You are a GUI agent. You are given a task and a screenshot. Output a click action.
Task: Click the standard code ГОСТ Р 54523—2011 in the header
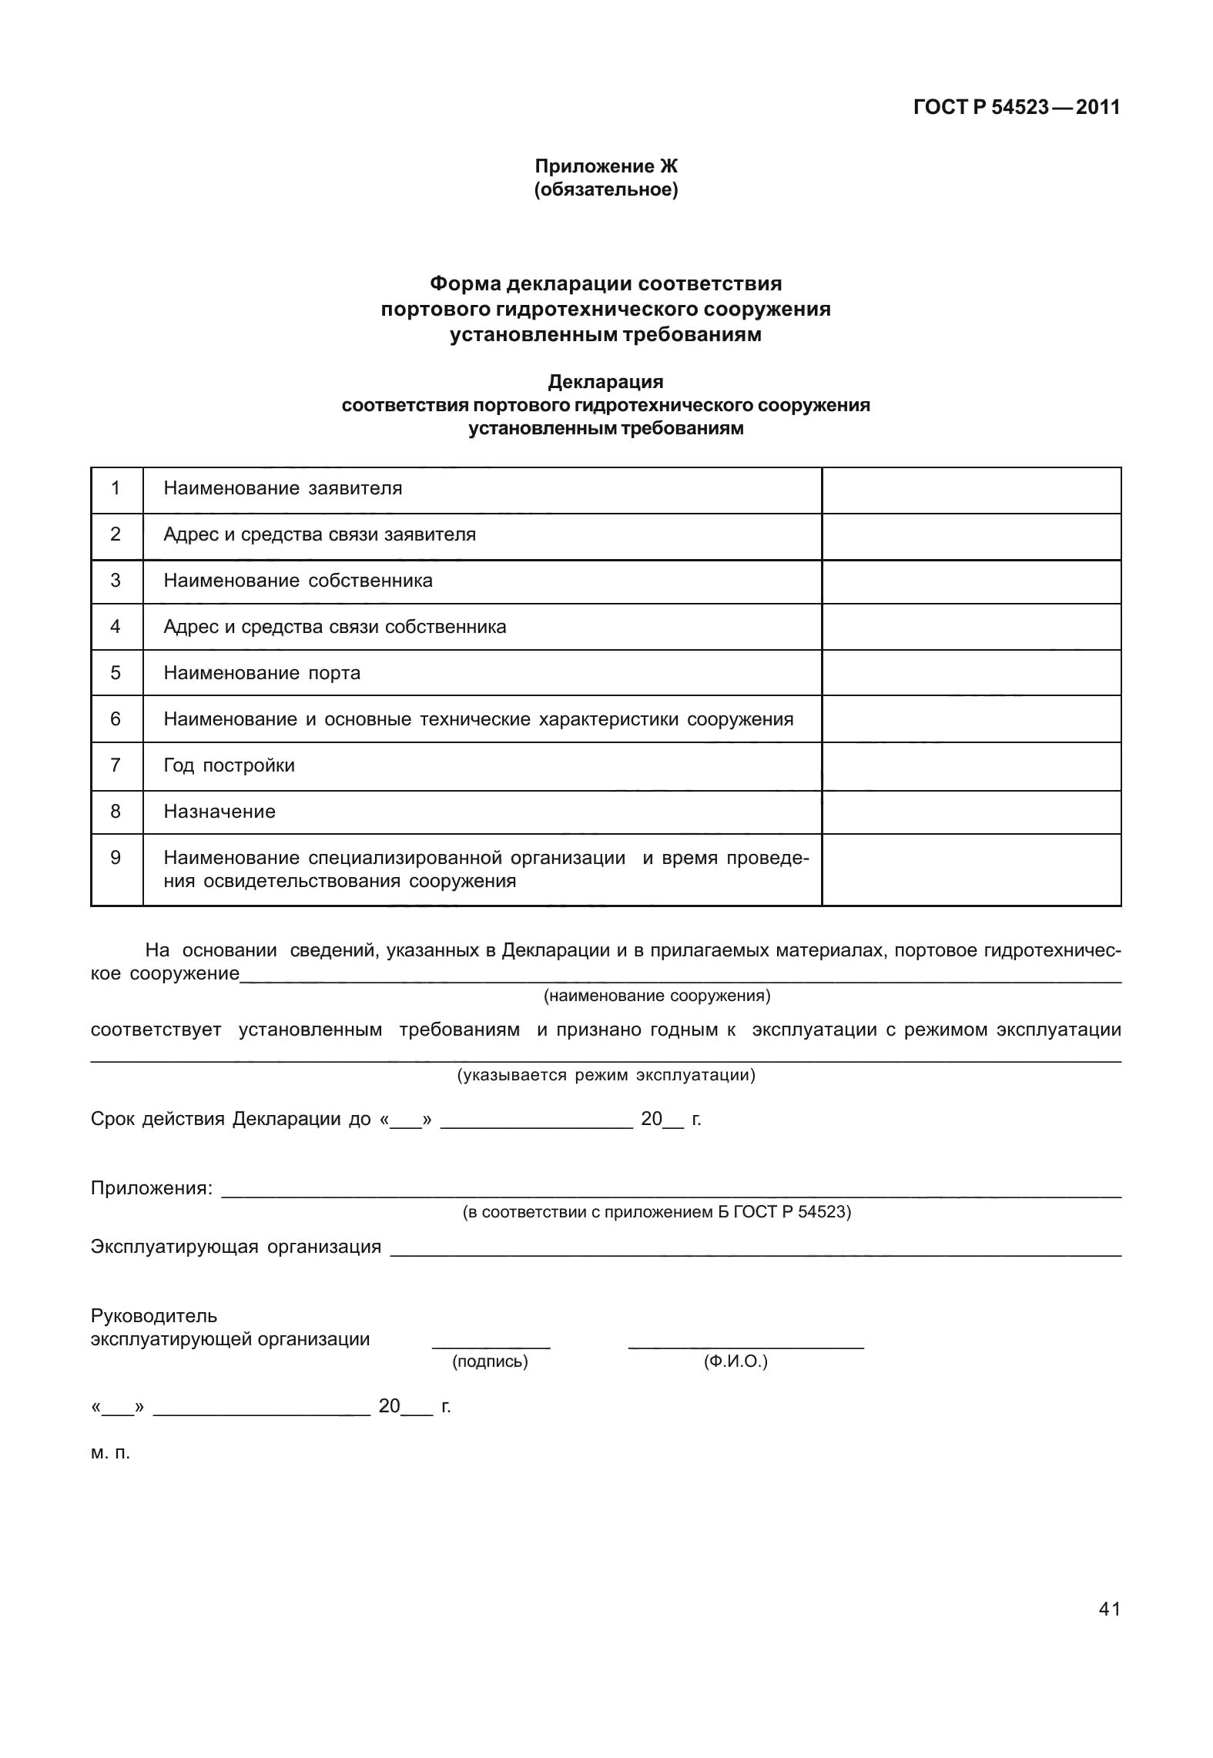pos(1016,107)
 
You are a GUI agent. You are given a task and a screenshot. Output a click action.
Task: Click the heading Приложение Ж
pos(605,166)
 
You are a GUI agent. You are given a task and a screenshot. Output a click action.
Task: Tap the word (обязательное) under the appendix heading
pos(605,189)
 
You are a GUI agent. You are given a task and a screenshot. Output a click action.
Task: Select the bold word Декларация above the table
pos(605,382)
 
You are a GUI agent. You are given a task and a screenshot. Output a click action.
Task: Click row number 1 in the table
pos(116,488)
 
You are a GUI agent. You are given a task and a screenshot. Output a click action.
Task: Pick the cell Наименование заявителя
pos(283,488)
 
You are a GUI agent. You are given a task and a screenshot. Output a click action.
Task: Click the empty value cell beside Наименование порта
pos(970,673)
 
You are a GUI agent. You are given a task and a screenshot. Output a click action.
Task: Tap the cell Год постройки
pos(230,765)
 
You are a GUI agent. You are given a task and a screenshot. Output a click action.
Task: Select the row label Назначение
pos(219,812)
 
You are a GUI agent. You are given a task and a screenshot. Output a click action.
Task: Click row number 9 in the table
pos(116,858)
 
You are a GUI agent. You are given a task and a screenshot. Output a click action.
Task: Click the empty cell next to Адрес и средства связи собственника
pos(970,627)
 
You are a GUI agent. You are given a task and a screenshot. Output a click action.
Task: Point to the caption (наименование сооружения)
pos(657,996)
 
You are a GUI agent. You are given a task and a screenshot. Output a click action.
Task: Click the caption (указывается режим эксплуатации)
pos(606,1075)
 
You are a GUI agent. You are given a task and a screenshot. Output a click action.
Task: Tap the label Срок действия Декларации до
pos(231,1119)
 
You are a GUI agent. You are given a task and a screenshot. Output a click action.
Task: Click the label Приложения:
pos(151,1188)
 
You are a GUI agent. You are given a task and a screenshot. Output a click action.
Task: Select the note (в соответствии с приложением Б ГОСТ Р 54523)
pos(656,1212)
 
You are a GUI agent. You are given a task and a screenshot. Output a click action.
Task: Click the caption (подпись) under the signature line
pos(490,1361)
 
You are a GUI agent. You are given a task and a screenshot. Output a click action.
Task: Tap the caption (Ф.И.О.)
pos(736,1361)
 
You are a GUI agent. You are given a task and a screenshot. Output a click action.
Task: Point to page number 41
pos(1109,1609)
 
